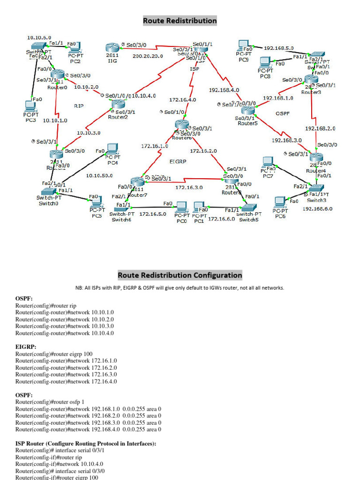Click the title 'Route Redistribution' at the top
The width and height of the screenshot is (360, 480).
pyautogui.click(x=180, y=21)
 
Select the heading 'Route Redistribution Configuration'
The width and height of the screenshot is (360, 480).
pyautogui.click(x=180, y=275)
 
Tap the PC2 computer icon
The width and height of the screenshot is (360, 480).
pyautogui.click(x=75, y=48)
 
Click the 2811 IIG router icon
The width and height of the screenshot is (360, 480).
pyautogui.click(x=112, y=48)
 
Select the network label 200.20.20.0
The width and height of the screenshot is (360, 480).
pyautogui.click(x=148, y=56)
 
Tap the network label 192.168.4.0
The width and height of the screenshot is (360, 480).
pyautogui.click(x=224, y=90)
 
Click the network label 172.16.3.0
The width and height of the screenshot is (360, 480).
pyautogui.click(x=189, y=187)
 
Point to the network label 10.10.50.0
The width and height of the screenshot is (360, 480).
pyautogui.click(x=99, y=175)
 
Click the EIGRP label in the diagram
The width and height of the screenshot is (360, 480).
pyautogui.click(x=178, y=161)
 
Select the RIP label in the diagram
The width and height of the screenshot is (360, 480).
pyautogui.click(x=79, y=106)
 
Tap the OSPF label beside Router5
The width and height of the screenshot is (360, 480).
pyautogui.click(x=282, y=113)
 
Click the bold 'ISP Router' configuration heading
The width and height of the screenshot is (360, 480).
pyautogui.click(x=85, y=443)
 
